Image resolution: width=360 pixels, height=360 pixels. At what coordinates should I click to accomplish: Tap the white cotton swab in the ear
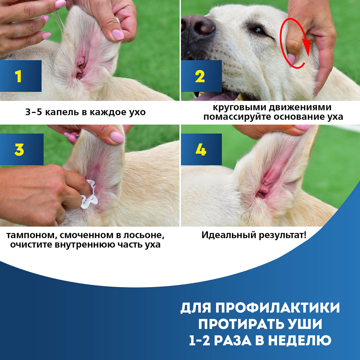(89, 194)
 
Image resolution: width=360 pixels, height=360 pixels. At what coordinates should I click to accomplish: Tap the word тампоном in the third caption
(32, 235)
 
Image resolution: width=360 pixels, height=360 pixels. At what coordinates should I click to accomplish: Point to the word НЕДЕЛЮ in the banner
(300, 340)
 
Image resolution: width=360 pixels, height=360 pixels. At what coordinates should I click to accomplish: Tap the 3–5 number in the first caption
(33, 112)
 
